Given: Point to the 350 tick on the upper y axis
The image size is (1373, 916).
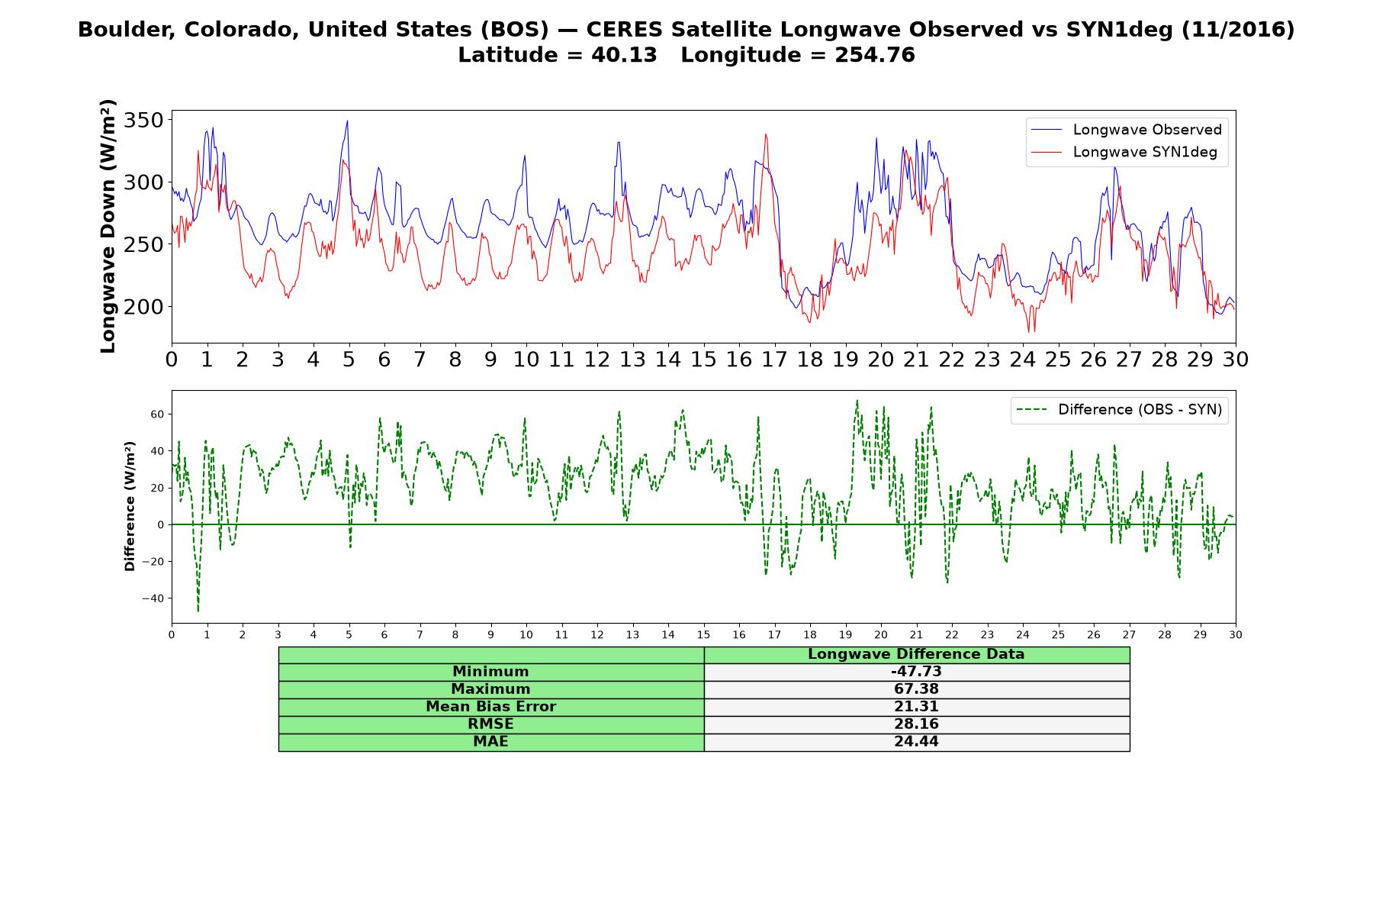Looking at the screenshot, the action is pos(144,121).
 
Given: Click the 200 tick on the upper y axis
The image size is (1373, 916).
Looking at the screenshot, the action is pos(144,307).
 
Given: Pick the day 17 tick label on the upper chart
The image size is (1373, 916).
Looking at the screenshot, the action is pos(774,360).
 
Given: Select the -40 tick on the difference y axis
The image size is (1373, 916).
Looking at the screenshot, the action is pos(153,598).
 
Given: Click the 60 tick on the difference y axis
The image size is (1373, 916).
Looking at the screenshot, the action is pos(158,414).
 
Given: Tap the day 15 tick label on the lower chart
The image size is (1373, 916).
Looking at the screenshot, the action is pos(703,635).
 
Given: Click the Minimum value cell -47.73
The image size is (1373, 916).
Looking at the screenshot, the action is pos(916,672).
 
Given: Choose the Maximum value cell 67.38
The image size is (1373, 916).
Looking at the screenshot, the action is pos(916,689).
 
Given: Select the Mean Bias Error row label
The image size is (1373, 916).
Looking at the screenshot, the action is pos(490,707).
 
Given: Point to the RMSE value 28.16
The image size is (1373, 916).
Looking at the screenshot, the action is pos(916,724).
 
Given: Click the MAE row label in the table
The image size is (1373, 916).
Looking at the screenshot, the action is pos(490,742).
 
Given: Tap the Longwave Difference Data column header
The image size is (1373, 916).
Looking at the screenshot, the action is pos(916,654).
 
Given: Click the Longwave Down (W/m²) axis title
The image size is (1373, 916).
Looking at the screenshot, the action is pos(108,226).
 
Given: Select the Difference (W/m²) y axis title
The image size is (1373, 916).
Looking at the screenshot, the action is pos(130,506).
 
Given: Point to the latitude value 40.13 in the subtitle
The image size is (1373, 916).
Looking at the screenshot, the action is pos(624,56).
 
